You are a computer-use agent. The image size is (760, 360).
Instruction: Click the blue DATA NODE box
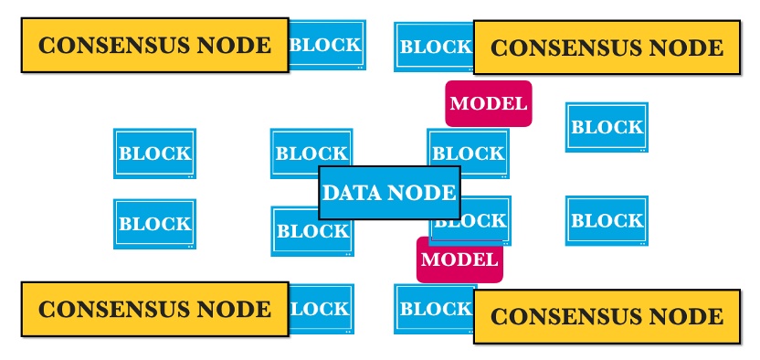[389, 193]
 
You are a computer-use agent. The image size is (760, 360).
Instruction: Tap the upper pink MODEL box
[488, 103]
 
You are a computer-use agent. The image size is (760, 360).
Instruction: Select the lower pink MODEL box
[460, 259]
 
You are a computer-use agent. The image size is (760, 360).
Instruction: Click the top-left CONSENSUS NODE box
[154, 46]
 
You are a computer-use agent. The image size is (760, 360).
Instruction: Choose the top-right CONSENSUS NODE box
[607, 48]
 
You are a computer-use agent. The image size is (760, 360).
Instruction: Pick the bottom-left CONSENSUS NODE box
[154, 309]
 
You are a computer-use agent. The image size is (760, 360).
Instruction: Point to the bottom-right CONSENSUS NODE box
[607, 317]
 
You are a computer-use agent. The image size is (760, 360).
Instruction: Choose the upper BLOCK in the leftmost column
[154, 154]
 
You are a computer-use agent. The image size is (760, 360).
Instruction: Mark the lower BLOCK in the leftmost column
[154, 224]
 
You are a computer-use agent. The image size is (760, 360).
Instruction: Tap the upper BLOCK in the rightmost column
[607, 127]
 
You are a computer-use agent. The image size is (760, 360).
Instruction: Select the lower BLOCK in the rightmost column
[607, 220]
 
